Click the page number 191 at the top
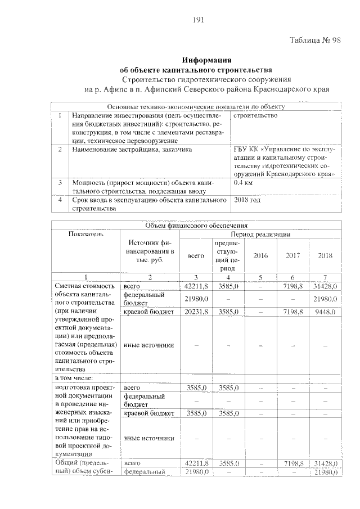pyautogui.click(x=197, y=20)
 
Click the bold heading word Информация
pyautogui.click(x=207, y=60)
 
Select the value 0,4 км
pyautogui.click(x=243, y=183)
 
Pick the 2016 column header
pyautogui.click(x=260, y=255)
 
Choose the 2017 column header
pyautogui.click(x=292, y=255)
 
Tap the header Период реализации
pyautogui.click(x=260, y=234)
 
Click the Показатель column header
pyautogui.click(x=86, y=234)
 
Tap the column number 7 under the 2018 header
pyautogui.click(x=325, y=277)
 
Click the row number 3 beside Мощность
pyautogui.click(x=60, y=183)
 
